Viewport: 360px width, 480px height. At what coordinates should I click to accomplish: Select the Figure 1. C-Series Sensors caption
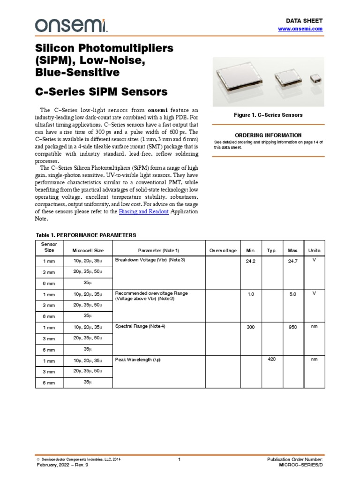268,115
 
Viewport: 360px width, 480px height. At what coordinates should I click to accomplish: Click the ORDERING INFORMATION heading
268,135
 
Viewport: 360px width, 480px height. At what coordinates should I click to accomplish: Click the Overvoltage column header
223,250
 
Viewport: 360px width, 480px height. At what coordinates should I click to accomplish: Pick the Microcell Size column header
88,250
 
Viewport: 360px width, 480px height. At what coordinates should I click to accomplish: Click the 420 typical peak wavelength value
271,360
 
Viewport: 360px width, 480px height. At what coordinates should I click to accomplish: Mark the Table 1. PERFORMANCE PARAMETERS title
86,235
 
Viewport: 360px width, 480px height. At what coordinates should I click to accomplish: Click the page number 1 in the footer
180,460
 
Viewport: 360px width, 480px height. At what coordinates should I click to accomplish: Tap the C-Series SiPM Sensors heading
102,91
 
